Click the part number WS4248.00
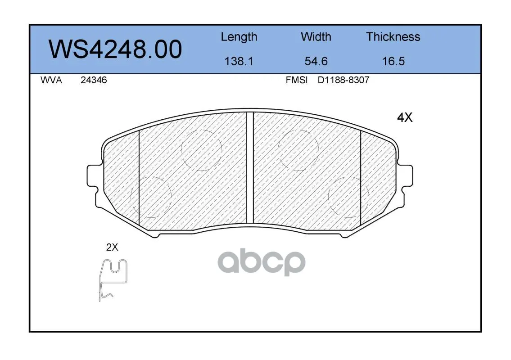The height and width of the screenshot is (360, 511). [115, 49]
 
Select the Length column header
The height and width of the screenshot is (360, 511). [239, 37]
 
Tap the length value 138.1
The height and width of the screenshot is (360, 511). [239, 61]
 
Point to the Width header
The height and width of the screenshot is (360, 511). [316, 36]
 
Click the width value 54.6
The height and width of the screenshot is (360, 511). [316, 61]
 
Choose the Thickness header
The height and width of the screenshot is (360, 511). [393, 36]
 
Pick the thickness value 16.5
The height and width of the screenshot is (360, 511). [393, 61]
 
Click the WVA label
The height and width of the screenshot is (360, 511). [51, 80]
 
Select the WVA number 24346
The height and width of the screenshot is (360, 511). [94, 80]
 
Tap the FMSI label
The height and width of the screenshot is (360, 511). [297, 80]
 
